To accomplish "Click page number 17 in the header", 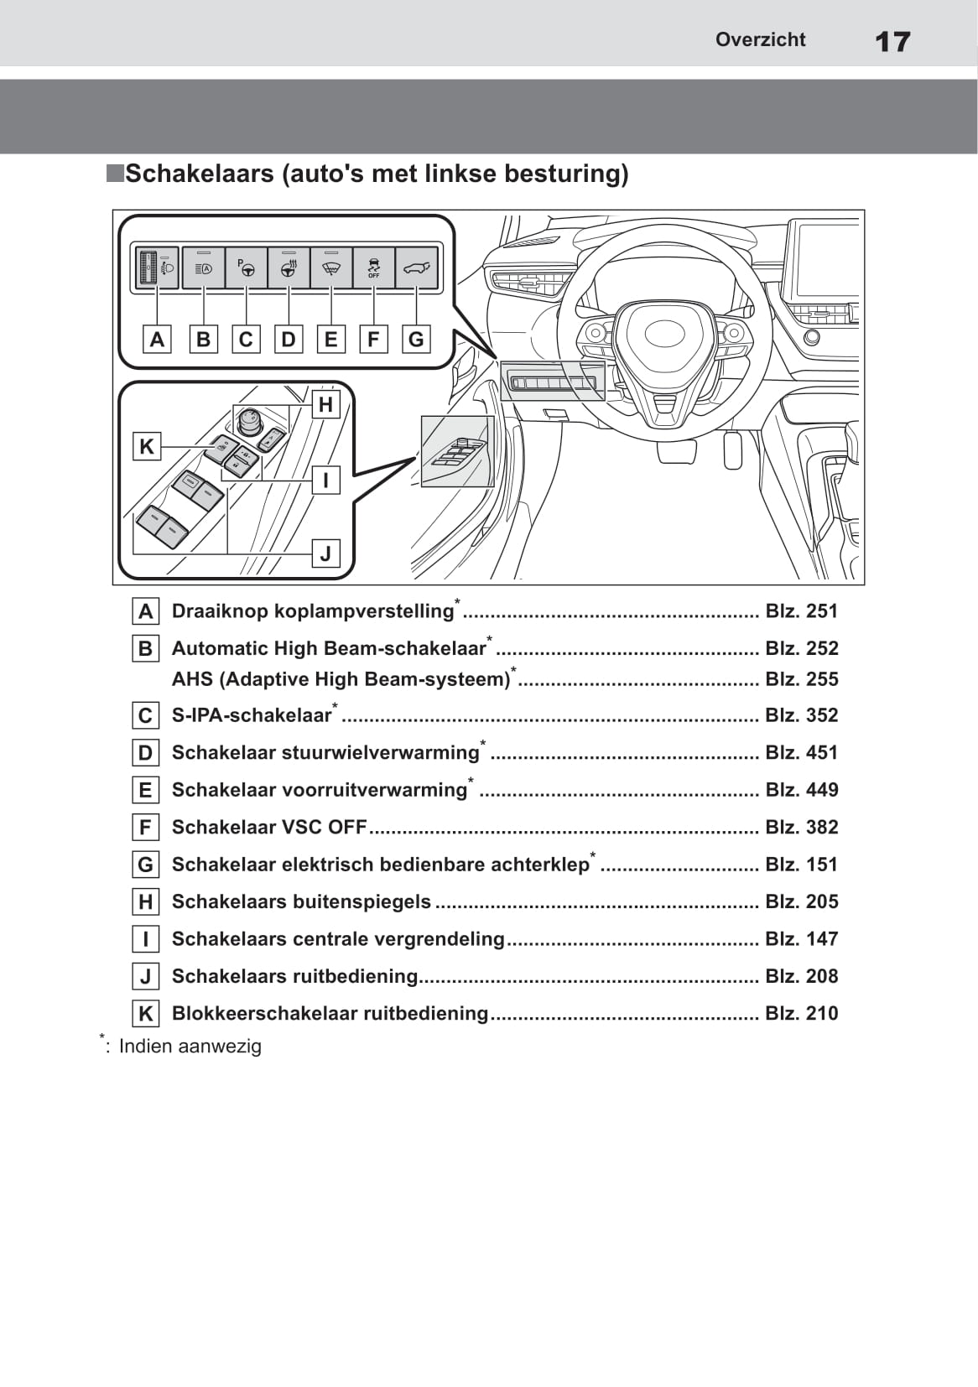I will (892, 41).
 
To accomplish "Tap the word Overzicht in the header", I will (760, 39).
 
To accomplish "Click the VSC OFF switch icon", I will (373, 268).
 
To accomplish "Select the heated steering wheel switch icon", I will (289, 268).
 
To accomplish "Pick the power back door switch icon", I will (416, 268).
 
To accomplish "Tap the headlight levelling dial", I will (150, 268).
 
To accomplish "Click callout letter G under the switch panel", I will (416, 340).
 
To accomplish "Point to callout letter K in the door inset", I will (147, 446).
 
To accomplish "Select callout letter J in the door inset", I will (325, 553).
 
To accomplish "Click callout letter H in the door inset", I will (325, 405).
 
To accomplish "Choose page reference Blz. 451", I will (801, 752).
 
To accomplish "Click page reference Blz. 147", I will (801, 938).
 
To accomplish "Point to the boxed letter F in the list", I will (146, 828).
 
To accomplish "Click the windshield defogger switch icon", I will (331, 268).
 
